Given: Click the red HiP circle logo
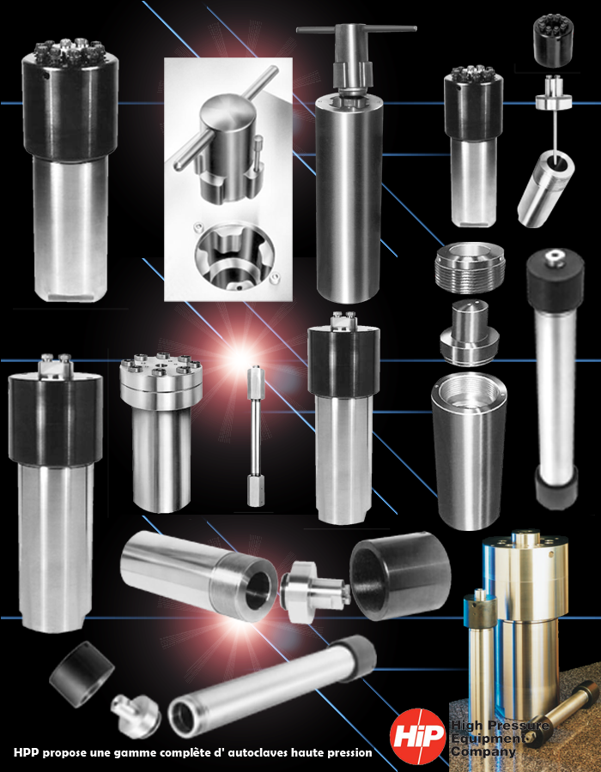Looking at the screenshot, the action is tap(418, 737).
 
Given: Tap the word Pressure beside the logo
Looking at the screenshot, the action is tap(520, 725).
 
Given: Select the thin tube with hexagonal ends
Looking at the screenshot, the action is tap(255, 436).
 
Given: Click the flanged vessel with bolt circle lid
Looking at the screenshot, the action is tap(160, 432).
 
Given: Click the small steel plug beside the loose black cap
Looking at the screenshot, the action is tap(135, 715).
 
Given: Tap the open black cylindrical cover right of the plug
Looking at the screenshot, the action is tap(400, 576).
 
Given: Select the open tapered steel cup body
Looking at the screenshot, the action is tap(469, 451).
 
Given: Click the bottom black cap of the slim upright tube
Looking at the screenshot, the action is tap(556, 487).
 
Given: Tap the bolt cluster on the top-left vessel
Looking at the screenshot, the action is tap(70, 50).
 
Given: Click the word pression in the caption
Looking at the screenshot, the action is tap(350, 753).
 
